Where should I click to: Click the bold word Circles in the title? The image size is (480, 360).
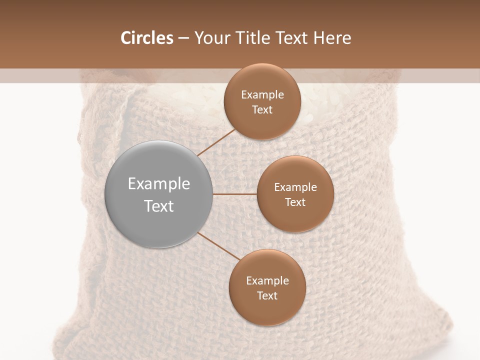pos(146,38)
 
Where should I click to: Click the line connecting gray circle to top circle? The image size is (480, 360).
pos(217,142)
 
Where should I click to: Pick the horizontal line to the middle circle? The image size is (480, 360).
pos(235,194)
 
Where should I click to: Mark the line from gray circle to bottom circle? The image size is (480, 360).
pos(219,246)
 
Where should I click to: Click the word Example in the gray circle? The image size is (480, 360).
pos(159,184)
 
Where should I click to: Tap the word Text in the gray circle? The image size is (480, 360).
pos(159,206)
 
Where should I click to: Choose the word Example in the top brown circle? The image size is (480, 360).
pos(262,95)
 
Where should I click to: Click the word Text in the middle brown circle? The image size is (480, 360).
pos(295,202)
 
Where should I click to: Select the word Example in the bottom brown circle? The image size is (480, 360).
pos(267,281)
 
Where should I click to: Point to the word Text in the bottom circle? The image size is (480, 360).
pos(267,296)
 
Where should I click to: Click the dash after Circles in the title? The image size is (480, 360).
pos(183,38)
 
